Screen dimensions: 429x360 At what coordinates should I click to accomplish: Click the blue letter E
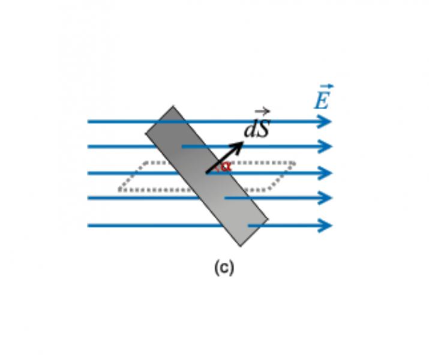322,100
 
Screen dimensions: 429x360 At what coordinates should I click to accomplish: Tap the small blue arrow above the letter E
327,86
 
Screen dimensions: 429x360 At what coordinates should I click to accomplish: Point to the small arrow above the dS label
262,112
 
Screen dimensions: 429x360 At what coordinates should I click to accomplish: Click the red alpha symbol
226,166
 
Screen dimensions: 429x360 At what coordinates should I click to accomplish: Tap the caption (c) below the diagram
224,268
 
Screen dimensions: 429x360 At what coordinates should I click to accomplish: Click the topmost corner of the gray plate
173,106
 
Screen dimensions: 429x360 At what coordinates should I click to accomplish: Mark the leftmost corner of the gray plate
145,133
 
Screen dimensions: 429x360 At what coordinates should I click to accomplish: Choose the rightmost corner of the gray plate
268,219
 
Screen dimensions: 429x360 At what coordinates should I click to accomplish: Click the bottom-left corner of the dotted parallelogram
119,190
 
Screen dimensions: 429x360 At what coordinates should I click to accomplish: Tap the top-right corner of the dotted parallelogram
294,163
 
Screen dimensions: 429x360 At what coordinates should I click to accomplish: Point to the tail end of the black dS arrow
206,173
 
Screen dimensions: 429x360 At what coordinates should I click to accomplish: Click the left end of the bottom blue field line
88,226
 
